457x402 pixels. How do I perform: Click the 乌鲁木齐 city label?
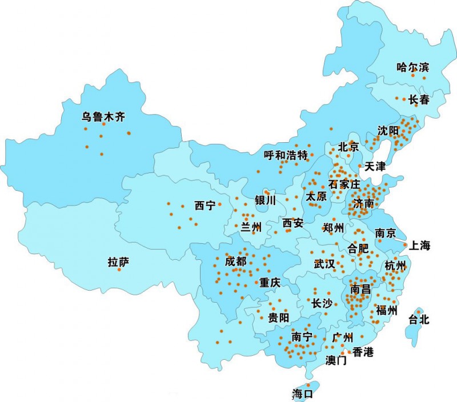tap(103, 117)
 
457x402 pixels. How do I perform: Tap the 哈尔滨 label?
tap(412, 67)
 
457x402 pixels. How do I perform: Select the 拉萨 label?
tap(118, 262)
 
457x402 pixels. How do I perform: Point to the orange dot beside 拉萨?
tap(119, 270)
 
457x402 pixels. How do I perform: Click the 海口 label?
tap(303, 393)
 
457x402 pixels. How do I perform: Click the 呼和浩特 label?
tap(286, 155)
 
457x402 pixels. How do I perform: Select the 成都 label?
tap(236, 262)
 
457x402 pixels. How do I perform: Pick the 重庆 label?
tap(270, 282)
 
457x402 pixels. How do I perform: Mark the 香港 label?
tap(363, 352)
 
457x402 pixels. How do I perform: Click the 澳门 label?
tap(336, 360)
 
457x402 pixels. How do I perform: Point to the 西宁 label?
tap(205, 206)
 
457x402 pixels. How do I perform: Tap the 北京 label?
tap(348, 147)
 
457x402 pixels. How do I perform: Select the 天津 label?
tap(375, 167)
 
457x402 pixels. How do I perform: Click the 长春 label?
tap(419, 99)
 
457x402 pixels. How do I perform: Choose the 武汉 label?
tap(324, 264)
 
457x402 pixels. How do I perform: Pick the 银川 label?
tap(266, 200)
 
